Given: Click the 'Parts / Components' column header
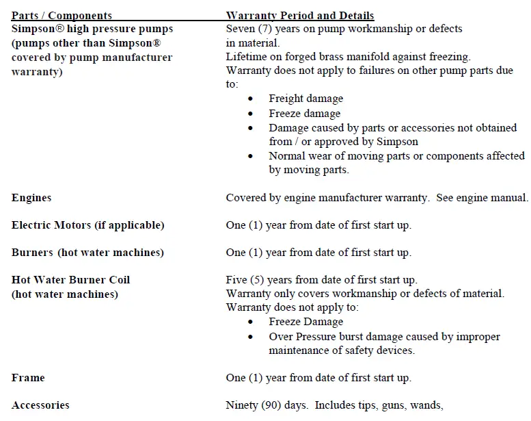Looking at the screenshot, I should pyautogui.click(x=62, y=15).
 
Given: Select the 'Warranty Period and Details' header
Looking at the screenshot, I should pyautogui.click(x=299, y=15).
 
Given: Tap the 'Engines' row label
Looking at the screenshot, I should pyautogui.click(x=31, y=198).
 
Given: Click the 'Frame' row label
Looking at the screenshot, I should pyautogui.click(x=28, y=377).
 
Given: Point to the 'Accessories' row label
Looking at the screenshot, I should pyautogui.click(x=40, y=405).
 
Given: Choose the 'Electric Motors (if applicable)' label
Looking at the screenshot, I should pyautogui.click(x=87, y=225).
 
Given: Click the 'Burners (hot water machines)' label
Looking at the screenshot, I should pyautogui.click(x=87, y=253).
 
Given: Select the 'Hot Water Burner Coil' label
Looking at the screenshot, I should pyautogui.click(x=70, y=280).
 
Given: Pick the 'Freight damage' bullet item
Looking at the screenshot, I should pyautogui.click(x=305, y=99).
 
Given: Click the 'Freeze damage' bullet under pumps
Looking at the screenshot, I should pyautogui.click(x=304, y=114).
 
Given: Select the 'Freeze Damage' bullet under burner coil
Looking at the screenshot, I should pyautogui.click(x=305, y=322).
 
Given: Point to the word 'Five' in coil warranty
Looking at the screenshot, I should pyautogui.click(x=236, y=280).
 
